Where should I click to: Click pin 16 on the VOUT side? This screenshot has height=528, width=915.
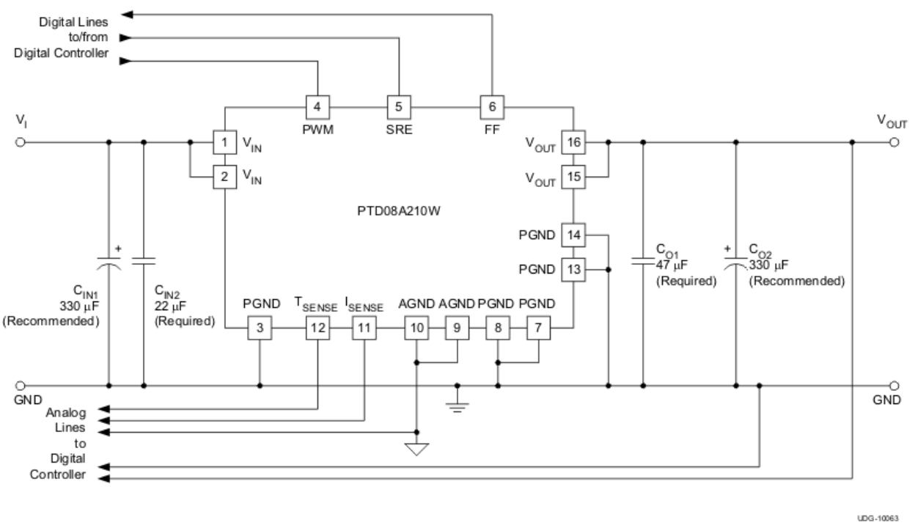[573, 143]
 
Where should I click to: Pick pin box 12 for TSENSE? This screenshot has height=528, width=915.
[317, 329]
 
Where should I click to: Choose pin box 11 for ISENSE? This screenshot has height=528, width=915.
[363, 329]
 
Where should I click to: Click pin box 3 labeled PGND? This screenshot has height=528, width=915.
[260, 329]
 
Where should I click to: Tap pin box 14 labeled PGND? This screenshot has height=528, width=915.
[573, 236]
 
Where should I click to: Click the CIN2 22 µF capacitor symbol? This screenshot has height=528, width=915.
[144, 261]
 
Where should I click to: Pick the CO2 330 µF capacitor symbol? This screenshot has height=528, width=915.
[735, 263]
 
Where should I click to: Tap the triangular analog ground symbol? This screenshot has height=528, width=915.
[416, 448]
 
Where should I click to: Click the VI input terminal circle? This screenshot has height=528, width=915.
[21, 143]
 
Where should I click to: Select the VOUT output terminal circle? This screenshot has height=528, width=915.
[894, 143]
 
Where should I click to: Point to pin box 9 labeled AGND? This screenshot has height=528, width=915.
[457, 329]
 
